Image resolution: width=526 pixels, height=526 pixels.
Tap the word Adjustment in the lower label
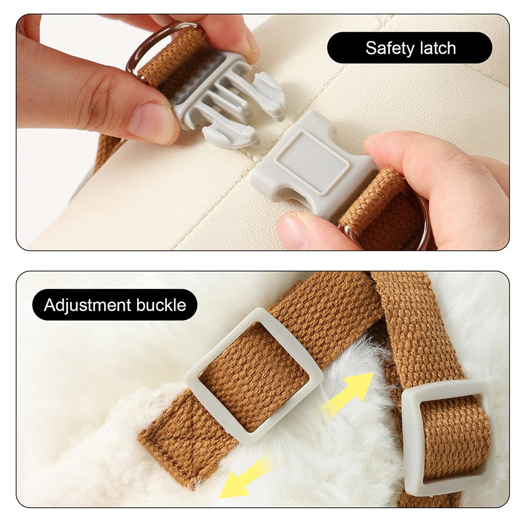click(x=87, y=306)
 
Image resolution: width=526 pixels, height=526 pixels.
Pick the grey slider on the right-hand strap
click(x=446, y=436)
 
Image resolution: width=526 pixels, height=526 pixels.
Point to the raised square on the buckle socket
click(x=311, y=163)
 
